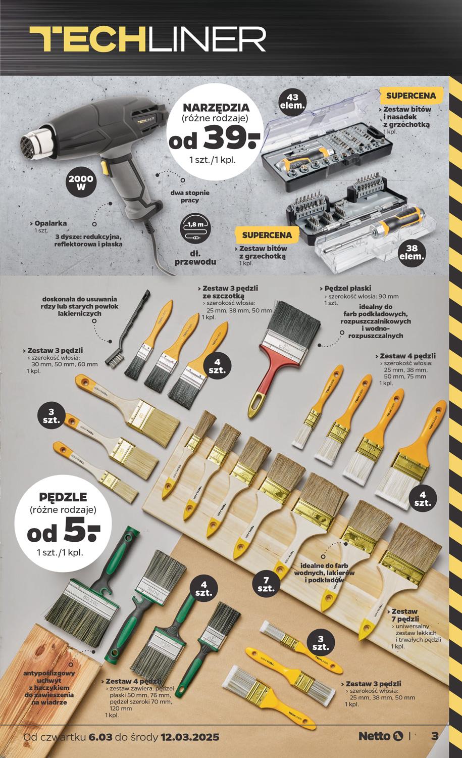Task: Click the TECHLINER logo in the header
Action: (147, 39)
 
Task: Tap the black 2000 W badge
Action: (81, 183)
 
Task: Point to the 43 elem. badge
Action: (293, 101)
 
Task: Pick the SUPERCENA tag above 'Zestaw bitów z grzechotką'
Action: (267, 235)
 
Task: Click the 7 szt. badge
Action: (266, 585)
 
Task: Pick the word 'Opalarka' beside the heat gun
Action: (50, 223)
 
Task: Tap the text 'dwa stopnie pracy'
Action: (190, 197)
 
